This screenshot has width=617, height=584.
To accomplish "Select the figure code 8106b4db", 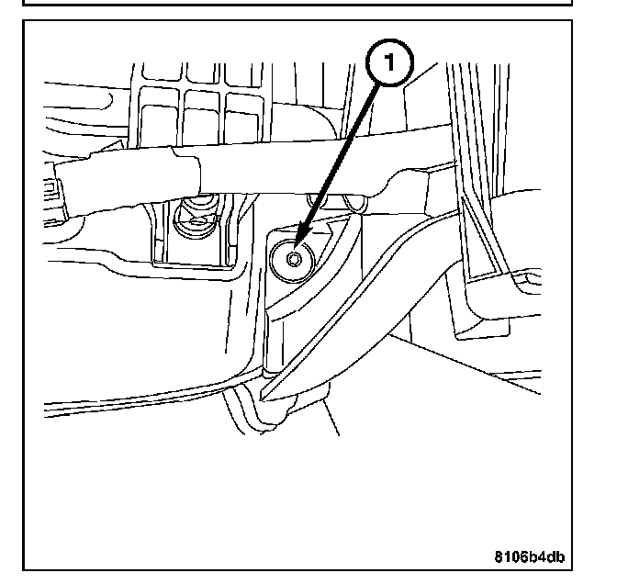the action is pos(530,555).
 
